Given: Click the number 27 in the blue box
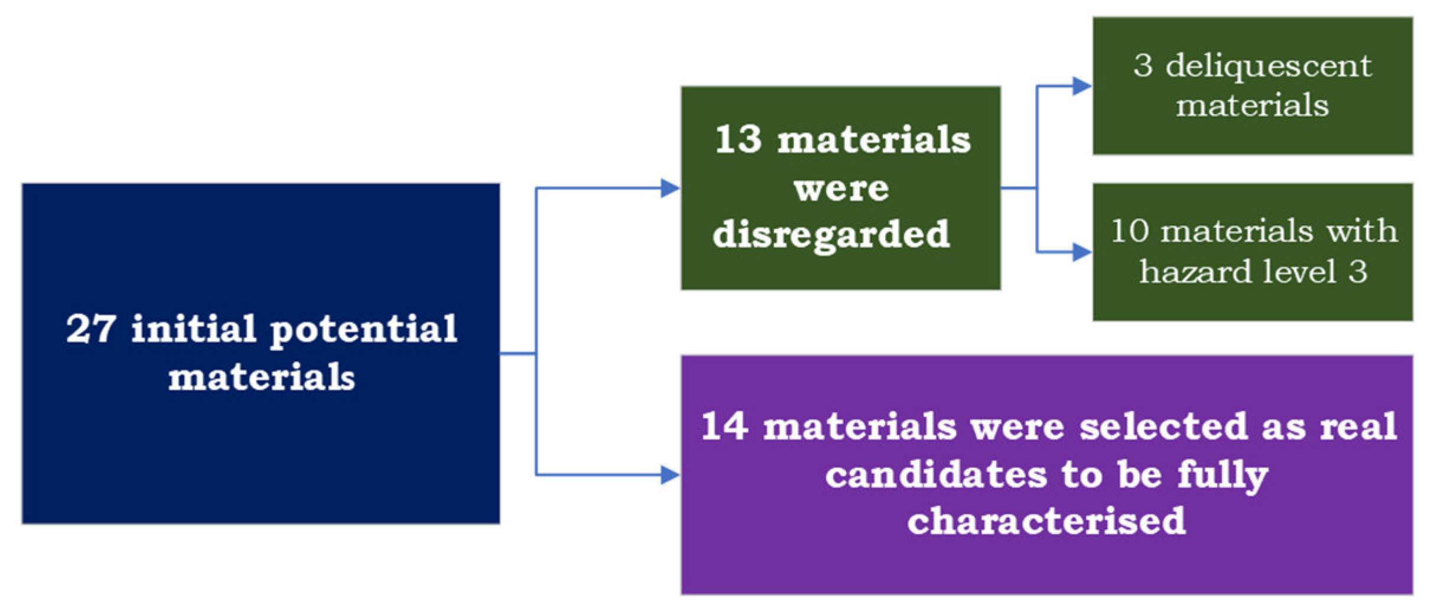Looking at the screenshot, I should (x=90, y=329).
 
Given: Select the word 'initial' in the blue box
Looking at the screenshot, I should (x=193, y=329).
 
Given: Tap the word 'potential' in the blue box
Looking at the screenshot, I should (x=363, y=330).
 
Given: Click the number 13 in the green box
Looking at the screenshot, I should (x=738, y=140).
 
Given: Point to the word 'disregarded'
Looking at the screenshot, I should (x=831, y=235).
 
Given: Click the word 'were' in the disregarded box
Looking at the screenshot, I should (x=841, y=189).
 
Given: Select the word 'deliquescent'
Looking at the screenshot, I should (x=1268, y=66).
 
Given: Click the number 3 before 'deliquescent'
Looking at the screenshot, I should (x=1143, y=66).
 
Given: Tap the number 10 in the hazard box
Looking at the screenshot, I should (x=1130, y=230).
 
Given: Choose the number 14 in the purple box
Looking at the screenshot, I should (x=725, y=426).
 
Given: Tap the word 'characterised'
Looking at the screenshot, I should (x=1046, y=521).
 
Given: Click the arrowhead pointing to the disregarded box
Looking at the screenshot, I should (x=669, y=189).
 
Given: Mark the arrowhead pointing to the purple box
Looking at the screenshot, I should (x=669, y=475).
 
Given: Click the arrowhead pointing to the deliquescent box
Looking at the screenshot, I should (x=1081, y=86).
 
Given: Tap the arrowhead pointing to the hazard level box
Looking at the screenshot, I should (x=1081, y=252).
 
